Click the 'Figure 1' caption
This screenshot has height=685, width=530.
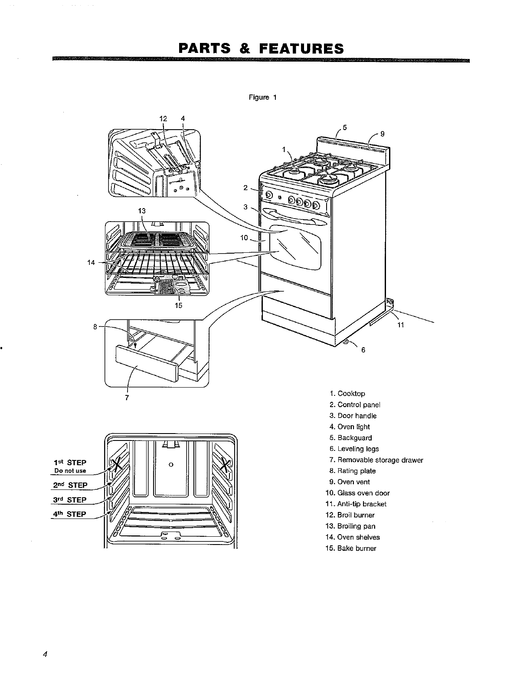click(262, 98)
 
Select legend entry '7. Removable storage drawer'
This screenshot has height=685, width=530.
click(376, 460)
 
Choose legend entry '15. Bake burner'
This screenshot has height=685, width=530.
click(351, 548)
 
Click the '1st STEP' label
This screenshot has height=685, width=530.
click(70, 463)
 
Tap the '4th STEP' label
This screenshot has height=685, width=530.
click(69, 514)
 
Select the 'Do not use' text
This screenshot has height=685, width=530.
click(70, 471)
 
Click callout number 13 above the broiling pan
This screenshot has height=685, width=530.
click(142, 211)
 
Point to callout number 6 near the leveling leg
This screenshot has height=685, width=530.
click(363, 350)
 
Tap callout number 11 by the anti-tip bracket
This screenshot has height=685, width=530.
click(401, 325)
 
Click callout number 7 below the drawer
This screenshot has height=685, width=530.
click(127, 398)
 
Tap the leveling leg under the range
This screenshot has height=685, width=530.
click(347, 342)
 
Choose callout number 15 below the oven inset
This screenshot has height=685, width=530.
click(178, 305)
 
